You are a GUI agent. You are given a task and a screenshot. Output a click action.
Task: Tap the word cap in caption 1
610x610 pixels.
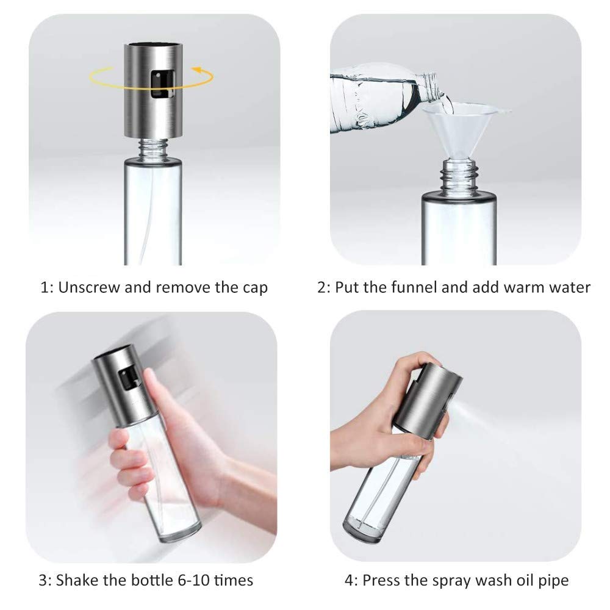(254, 289)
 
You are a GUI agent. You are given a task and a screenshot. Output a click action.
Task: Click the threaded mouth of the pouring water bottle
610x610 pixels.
(430, 85)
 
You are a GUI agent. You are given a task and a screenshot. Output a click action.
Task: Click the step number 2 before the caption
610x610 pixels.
(321, 287)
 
